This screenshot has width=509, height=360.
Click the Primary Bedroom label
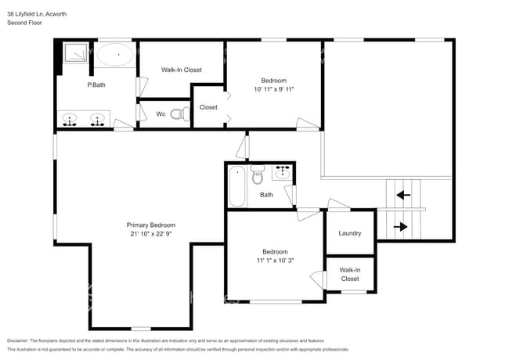click(x=151, y=225)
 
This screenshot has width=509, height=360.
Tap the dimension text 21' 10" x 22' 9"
click(x=151, y=234)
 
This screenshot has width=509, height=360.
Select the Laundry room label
click(x=349, y=233)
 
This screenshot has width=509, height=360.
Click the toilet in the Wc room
click(x=179, y=114)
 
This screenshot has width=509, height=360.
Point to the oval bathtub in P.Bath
click(x=115, y=56)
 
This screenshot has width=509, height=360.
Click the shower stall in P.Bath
click(x=76, y=54)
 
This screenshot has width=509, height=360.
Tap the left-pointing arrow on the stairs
click(x=403, y=195)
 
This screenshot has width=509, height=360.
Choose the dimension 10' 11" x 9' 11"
click(x=273, y=90)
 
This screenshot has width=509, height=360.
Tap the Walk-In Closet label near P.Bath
click(x=181, y=70)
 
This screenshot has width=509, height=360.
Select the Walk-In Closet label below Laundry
click(x=349, y=274)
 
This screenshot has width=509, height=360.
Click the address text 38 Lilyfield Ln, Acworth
click(x=37, y=13)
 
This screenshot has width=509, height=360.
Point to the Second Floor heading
click(x=24, y=23)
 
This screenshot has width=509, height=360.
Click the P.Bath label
click(x=96, y=84)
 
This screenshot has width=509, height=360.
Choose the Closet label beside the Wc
click(x=208, y=107)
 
